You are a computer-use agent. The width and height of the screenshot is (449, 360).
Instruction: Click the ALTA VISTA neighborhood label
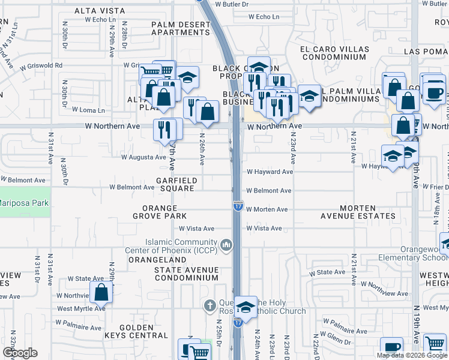pos(100,11)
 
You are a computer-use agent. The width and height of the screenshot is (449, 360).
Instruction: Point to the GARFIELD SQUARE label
pos(175,184)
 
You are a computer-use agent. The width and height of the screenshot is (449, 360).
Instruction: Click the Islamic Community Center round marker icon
pos(227,244)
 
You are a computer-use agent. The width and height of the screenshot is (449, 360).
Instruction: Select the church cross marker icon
pos(209,306)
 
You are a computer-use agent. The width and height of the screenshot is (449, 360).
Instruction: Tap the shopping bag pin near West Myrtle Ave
pos(101,293)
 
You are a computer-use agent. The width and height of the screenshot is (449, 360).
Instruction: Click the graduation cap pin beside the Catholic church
pos(246,308)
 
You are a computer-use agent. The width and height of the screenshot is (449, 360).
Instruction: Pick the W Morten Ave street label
pos(267,209)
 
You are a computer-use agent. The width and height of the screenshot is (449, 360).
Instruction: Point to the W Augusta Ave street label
pos(143,157)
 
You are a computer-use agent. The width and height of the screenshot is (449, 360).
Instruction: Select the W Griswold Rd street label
pos(41,65)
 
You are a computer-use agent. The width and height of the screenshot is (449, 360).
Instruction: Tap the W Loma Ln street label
pos(88,110)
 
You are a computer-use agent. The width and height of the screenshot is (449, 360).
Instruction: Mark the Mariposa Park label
pos(24,203)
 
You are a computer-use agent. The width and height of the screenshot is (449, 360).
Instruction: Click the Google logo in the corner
pos(19,353)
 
